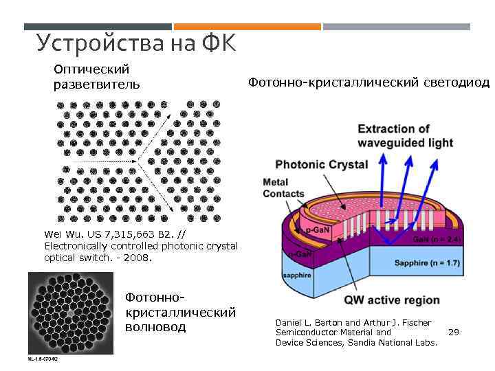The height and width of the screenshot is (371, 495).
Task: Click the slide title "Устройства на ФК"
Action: point(135,43)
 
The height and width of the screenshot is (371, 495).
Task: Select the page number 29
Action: point(453,332)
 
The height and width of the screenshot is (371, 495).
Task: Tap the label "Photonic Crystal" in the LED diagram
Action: point(321,165)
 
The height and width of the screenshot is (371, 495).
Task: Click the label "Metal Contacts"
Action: point(283,188)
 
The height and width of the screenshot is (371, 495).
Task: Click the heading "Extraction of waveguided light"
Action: point(405,136)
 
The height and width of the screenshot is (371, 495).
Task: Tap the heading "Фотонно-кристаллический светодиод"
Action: point(368,83)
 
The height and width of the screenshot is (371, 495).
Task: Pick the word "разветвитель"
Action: point(97,85)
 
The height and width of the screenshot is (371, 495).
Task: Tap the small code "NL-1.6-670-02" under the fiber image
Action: point(42,359)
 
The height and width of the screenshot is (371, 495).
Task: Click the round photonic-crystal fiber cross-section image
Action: point(70,313)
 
